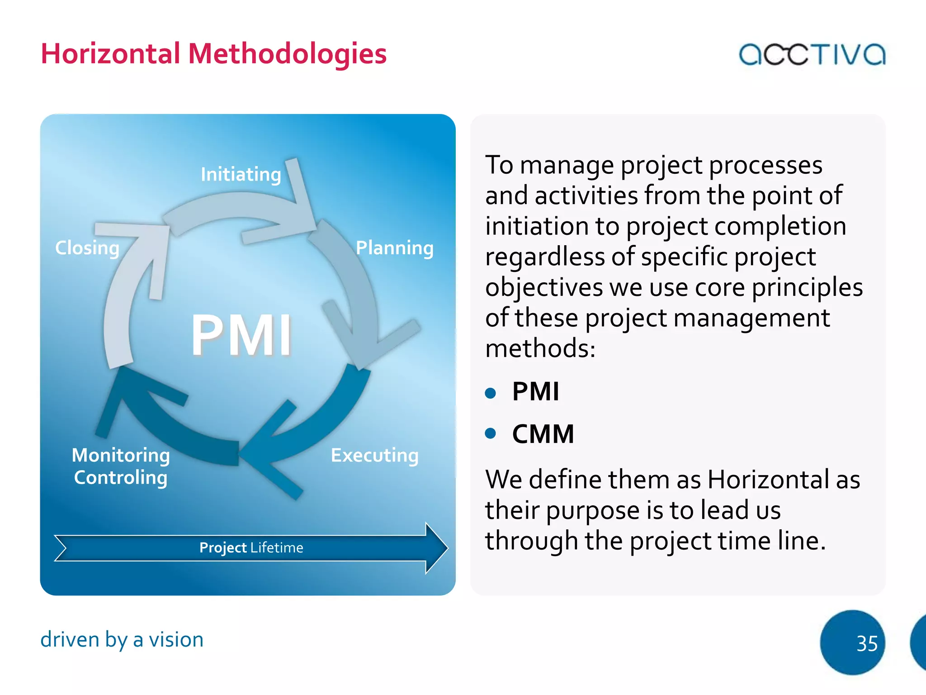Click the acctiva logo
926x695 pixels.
[x=812, y=54]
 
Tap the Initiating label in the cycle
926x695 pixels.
[x=241, y=175]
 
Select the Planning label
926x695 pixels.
[x=394, y=248]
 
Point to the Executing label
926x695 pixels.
[x=374, y=455]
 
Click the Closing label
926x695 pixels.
[x=87, y=248]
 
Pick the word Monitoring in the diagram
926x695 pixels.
[x=121, y=455]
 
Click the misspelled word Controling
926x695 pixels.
[x=121, y=478]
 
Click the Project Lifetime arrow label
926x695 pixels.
[x=251, y=548]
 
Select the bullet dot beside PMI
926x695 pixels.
[x=491, y=392]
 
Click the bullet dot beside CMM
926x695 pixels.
[x=491, y=433]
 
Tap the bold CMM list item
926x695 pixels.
[x=543, y=434]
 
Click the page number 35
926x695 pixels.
[x=867, y=643]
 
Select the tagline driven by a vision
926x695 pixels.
[x=122, y=640]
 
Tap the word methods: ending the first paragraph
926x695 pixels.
[x=540, y=348]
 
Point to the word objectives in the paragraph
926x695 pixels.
[x=544, y=288]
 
